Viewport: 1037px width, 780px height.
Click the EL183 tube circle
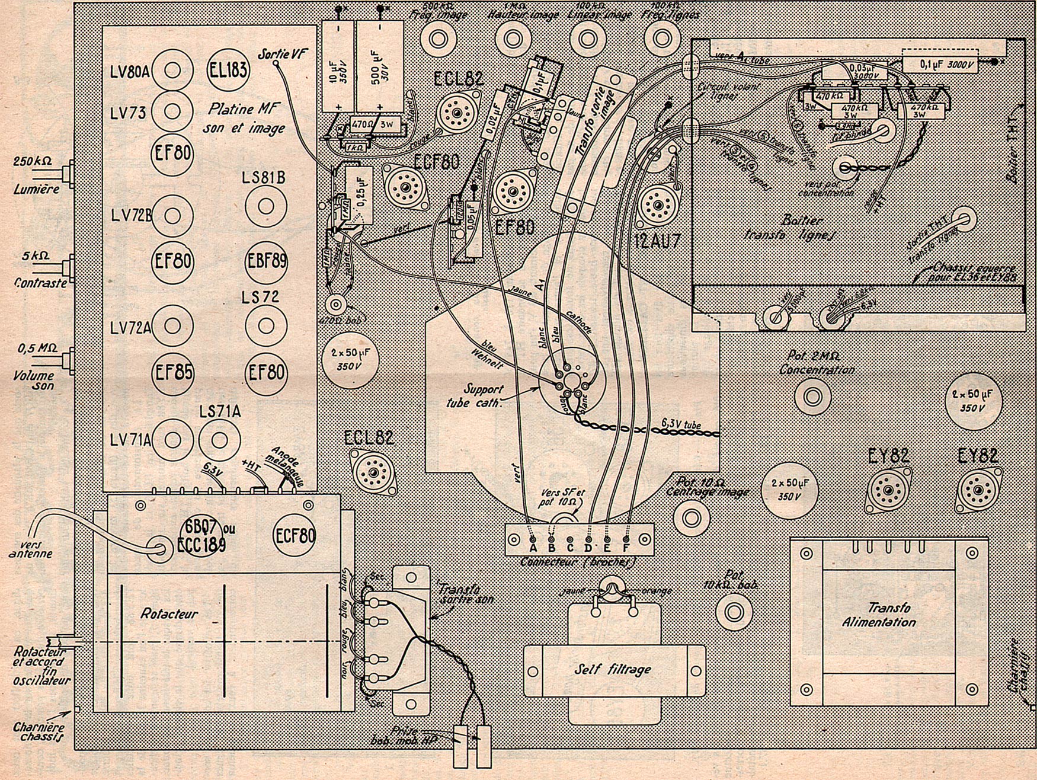tap(228, 71)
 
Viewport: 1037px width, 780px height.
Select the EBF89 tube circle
tap(266, 260)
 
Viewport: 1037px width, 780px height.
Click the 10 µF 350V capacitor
tap(338, 65)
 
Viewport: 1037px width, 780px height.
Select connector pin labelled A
tap(533, 540)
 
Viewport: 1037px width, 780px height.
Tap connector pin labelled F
tap(626, 540)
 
